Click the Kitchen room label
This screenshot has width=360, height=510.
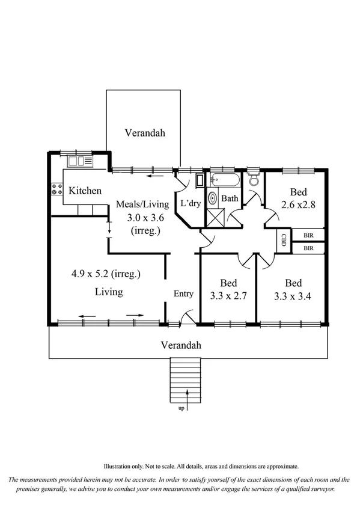[x=85, y=191]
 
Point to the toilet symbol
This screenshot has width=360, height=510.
[x=254, y=179]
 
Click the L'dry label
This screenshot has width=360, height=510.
[x=190, y=203]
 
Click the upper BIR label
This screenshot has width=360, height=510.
[x=308, y=235]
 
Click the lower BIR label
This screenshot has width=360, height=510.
[x=308, y=247]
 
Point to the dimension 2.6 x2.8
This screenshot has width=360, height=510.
[x=299, y=204]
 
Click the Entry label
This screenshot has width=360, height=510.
[x=183, y=293]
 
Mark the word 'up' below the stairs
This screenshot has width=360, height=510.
[x=181, y=408]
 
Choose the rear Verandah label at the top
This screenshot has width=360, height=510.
[x=144, y=132]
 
